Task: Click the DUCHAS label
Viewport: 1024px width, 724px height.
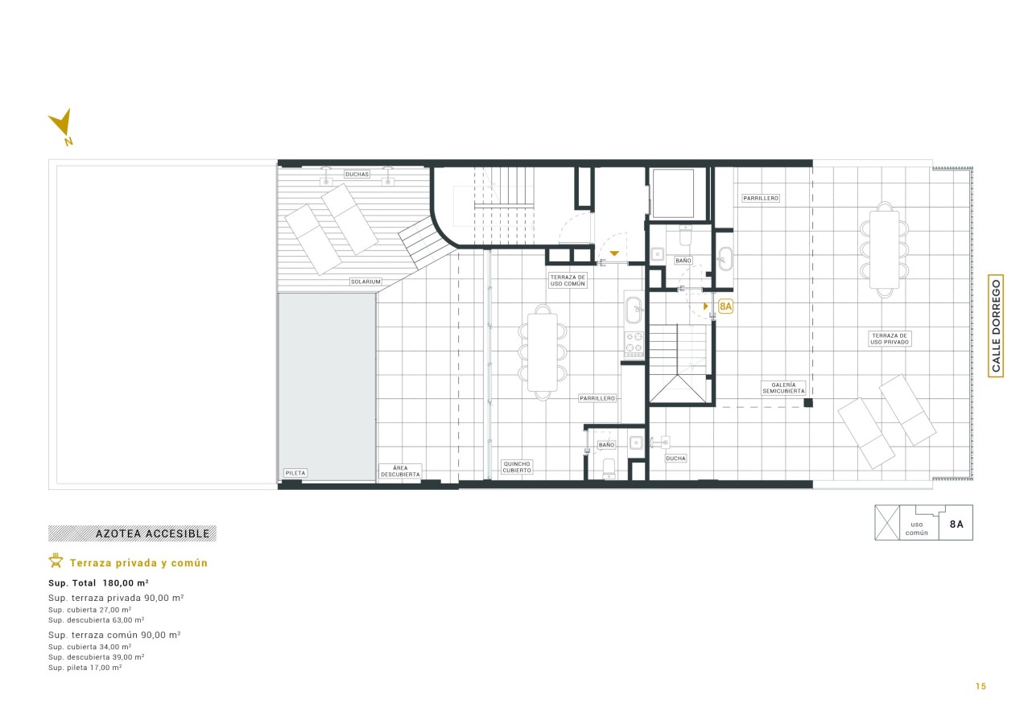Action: pos(357,174)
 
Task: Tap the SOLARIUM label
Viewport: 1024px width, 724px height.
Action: pos(365,282)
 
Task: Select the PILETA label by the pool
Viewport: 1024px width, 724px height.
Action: pos(295,473)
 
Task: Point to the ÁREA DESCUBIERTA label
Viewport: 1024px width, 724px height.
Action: pos(400,471)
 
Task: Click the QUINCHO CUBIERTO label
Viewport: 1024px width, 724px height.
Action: pos(517,467)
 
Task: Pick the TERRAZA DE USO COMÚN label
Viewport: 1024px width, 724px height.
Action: pos(568,281)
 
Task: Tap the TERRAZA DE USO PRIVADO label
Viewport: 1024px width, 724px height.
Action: pos(890,339)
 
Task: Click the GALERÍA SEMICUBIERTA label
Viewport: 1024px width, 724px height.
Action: pos(783,388)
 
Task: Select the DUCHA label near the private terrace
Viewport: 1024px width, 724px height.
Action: pos(675,459)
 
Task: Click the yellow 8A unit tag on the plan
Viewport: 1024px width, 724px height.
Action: pos(725,306)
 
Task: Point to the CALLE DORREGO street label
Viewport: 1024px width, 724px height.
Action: pos(996,326)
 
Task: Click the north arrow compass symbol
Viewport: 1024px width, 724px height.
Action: pos(62,125)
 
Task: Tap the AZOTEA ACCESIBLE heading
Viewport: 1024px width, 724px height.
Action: pos(153,533)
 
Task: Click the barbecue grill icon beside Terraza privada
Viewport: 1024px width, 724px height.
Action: pos(56,561)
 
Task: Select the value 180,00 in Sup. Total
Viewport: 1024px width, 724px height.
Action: pos(118,583)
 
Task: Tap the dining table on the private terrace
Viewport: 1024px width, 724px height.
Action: pos(884,249)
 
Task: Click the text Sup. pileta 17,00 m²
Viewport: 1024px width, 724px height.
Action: pos(85,668)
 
